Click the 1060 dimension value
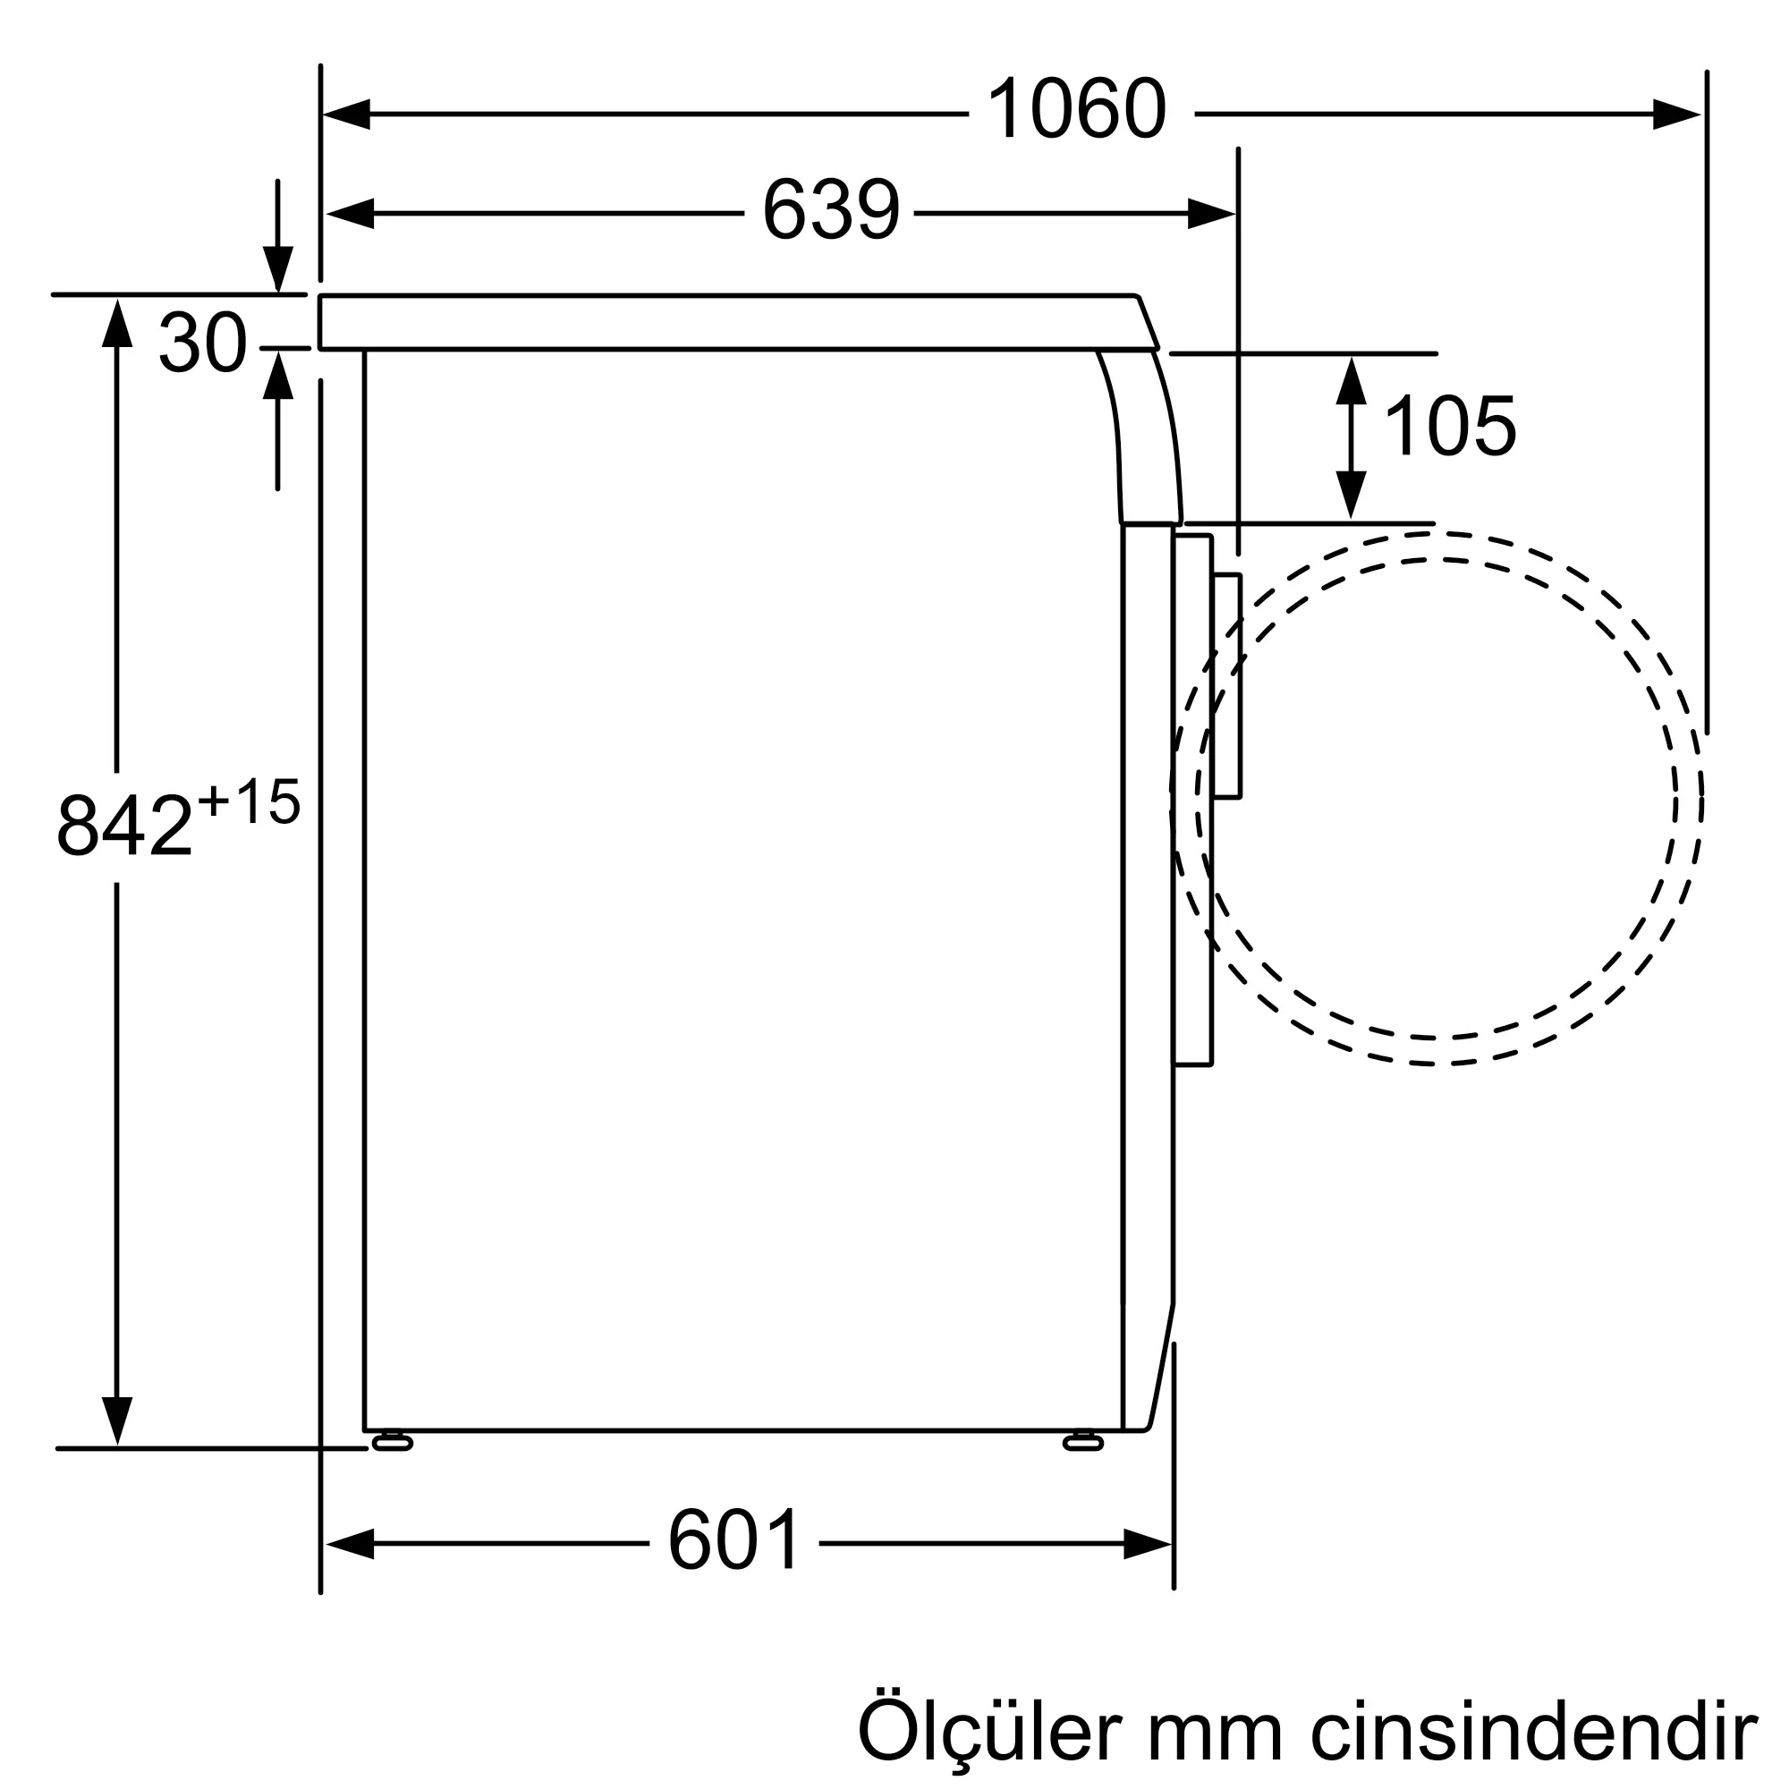coord(1077,110)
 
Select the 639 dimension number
coord(831,210)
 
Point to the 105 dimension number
coord(1449,426)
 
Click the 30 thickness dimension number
coord(203,343)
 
